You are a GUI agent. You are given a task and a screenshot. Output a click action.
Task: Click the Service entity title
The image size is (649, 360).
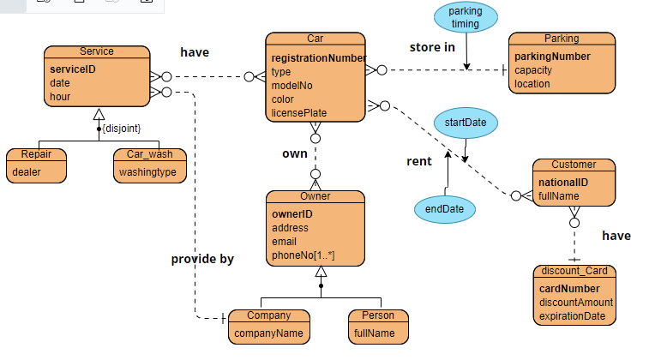[x=96, y=51]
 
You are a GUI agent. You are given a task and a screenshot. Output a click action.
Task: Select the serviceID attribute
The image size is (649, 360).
[x=74, y=69]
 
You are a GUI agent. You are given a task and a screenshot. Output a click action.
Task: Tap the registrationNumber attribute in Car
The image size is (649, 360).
[x=318, y=58]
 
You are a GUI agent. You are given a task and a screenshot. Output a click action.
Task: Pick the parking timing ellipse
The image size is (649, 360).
[x=466, y=18]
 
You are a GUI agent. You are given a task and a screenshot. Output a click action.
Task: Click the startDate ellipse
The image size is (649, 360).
[x=466, y=123]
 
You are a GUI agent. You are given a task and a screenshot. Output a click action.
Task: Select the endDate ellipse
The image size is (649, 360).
[x=444, y=208]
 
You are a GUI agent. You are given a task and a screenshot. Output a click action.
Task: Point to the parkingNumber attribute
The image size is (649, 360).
[x=552, y=57]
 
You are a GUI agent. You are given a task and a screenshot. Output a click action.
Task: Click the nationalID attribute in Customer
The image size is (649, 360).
[x=562, y=183]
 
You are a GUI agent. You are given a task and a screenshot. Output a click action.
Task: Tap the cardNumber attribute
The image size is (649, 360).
[x=569, y=288]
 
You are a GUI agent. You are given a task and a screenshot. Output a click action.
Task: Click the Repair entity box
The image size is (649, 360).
[x=37, y=165]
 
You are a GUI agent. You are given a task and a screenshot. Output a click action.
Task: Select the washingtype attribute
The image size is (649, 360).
[x=147, y=172]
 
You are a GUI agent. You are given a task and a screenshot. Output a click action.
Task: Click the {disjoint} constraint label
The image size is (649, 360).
[x=121, y=129]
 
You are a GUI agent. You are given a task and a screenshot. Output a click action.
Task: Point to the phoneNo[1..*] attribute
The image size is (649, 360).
[x=303, y=255]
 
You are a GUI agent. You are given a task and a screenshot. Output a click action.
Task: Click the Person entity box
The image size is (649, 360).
[x=377, y=326]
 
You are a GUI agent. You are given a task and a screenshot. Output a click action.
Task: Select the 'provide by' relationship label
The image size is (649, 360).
[x=202, y=258]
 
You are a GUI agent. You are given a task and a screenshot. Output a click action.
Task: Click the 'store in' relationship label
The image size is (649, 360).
[x=432, y=47]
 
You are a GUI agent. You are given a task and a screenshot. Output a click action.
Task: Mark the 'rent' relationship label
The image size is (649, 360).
[x=419, y=161]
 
